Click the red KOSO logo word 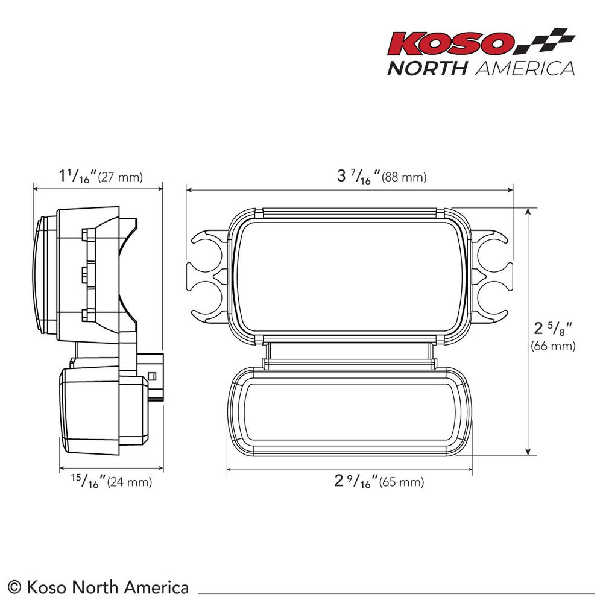(x=450, y=44)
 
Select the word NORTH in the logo (x=427, y=69)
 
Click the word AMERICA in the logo (x=525, y=69)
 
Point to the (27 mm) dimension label (x=121, y=177)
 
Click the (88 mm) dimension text (x=404, y=177)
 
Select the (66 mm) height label (x=553, y=346)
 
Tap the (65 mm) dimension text (x=402, y=482)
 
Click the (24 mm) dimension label (x=130, y=482)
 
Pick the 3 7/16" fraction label (x=358, y=177)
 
